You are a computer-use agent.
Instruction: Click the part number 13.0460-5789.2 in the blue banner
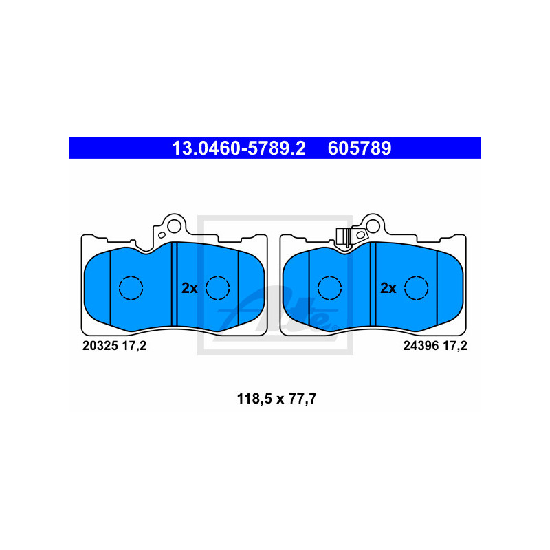pos(238,148)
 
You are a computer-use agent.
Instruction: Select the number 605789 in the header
pos(360,148)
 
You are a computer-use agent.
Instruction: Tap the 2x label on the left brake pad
pos(190,289)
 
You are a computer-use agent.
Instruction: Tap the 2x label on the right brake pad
pos(388,289)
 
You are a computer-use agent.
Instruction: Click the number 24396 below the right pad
pos(420,346)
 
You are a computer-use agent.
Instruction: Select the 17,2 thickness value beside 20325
pos(134,346)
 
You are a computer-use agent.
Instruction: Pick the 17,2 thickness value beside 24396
pos(454,346)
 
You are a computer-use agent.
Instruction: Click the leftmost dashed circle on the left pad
pos(131,288)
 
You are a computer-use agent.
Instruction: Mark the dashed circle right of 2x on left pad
pos(217,288)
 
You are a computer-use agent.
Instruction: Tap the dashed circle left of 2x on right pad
pos(329,288)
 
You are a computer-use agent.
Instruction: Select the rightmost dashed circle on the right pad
pos(416,288)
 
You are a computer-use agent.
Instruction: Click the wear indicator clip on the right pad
pos(344,236)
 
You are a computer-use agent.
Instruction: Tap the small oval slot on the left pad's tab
pos(162,234)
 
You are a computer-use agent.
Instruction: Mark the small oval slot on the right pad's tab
pos(360,234)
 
